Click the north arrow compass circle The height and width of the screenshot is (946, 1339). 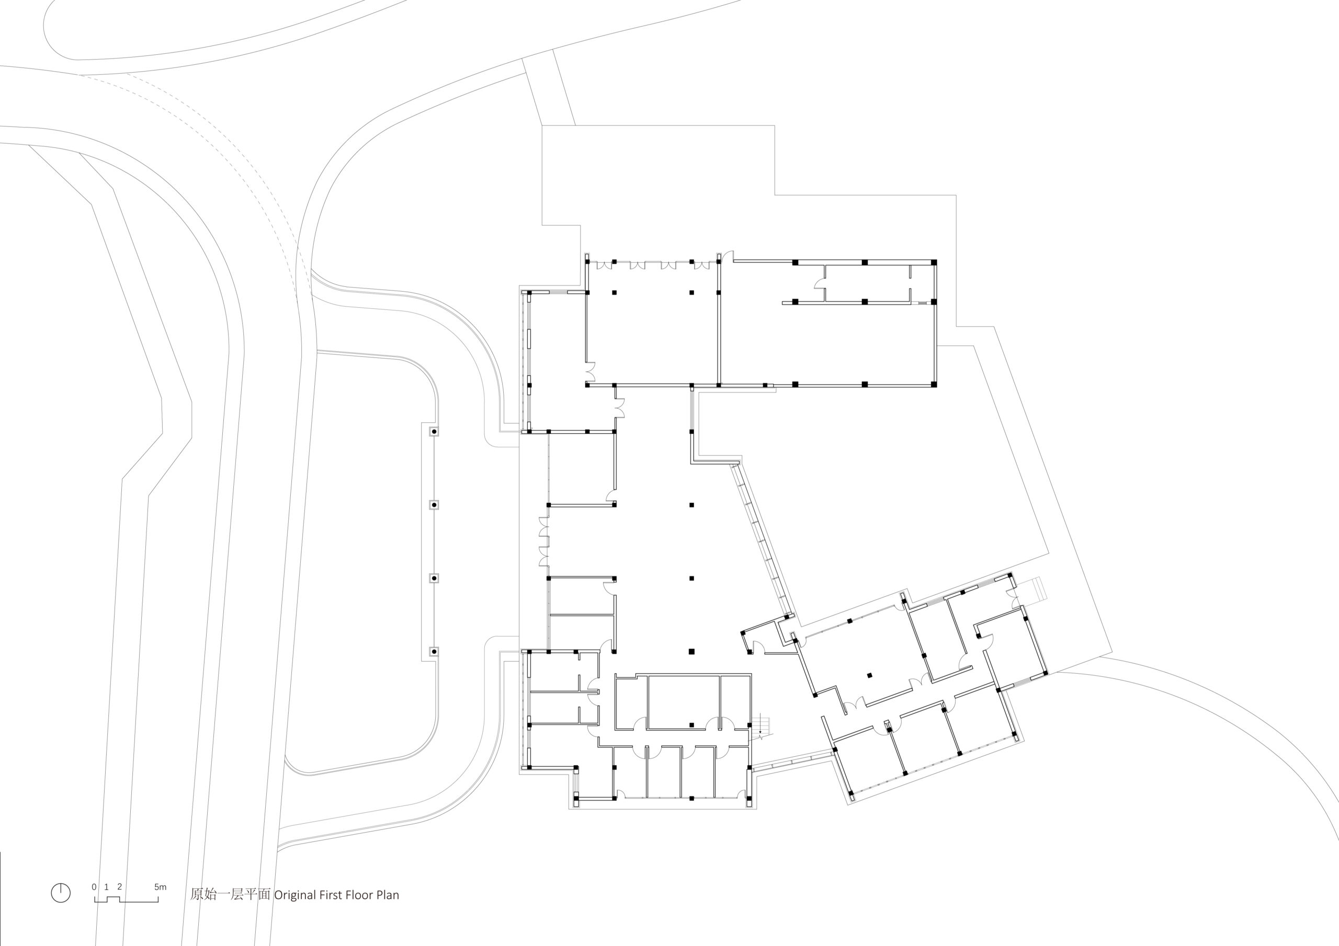[x=61, y=893]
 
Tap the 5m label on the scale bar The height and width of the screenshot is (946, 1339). [x=161, y=887]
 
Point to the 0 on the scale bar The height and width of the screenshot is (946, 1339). [x=95, y=887]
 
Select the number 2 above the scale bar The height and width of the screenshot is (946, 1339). [x=120, y=887]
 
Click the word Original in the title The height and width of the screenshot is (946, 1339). [x=295, y=895]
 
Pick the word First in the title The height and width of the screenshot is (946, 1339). [x=331, y=895]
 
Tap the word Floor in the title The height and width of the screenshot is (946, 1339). [x=359, y=895]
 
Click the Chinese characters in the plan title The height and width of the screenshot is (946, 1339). [x=230, y=895]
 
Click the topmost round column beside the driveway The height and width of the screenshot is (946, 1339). [x=434, y=432]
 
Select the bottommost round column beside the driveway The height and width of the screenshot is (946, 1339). [x=434, y=651]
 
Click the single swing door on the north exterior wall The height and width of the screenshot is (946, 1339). [x=727, y=257]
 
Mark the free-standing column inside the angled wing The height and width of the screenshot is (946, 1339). [x=869, y=676]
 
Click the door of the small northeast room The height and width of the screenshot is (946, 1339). [x=820, y=283]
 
